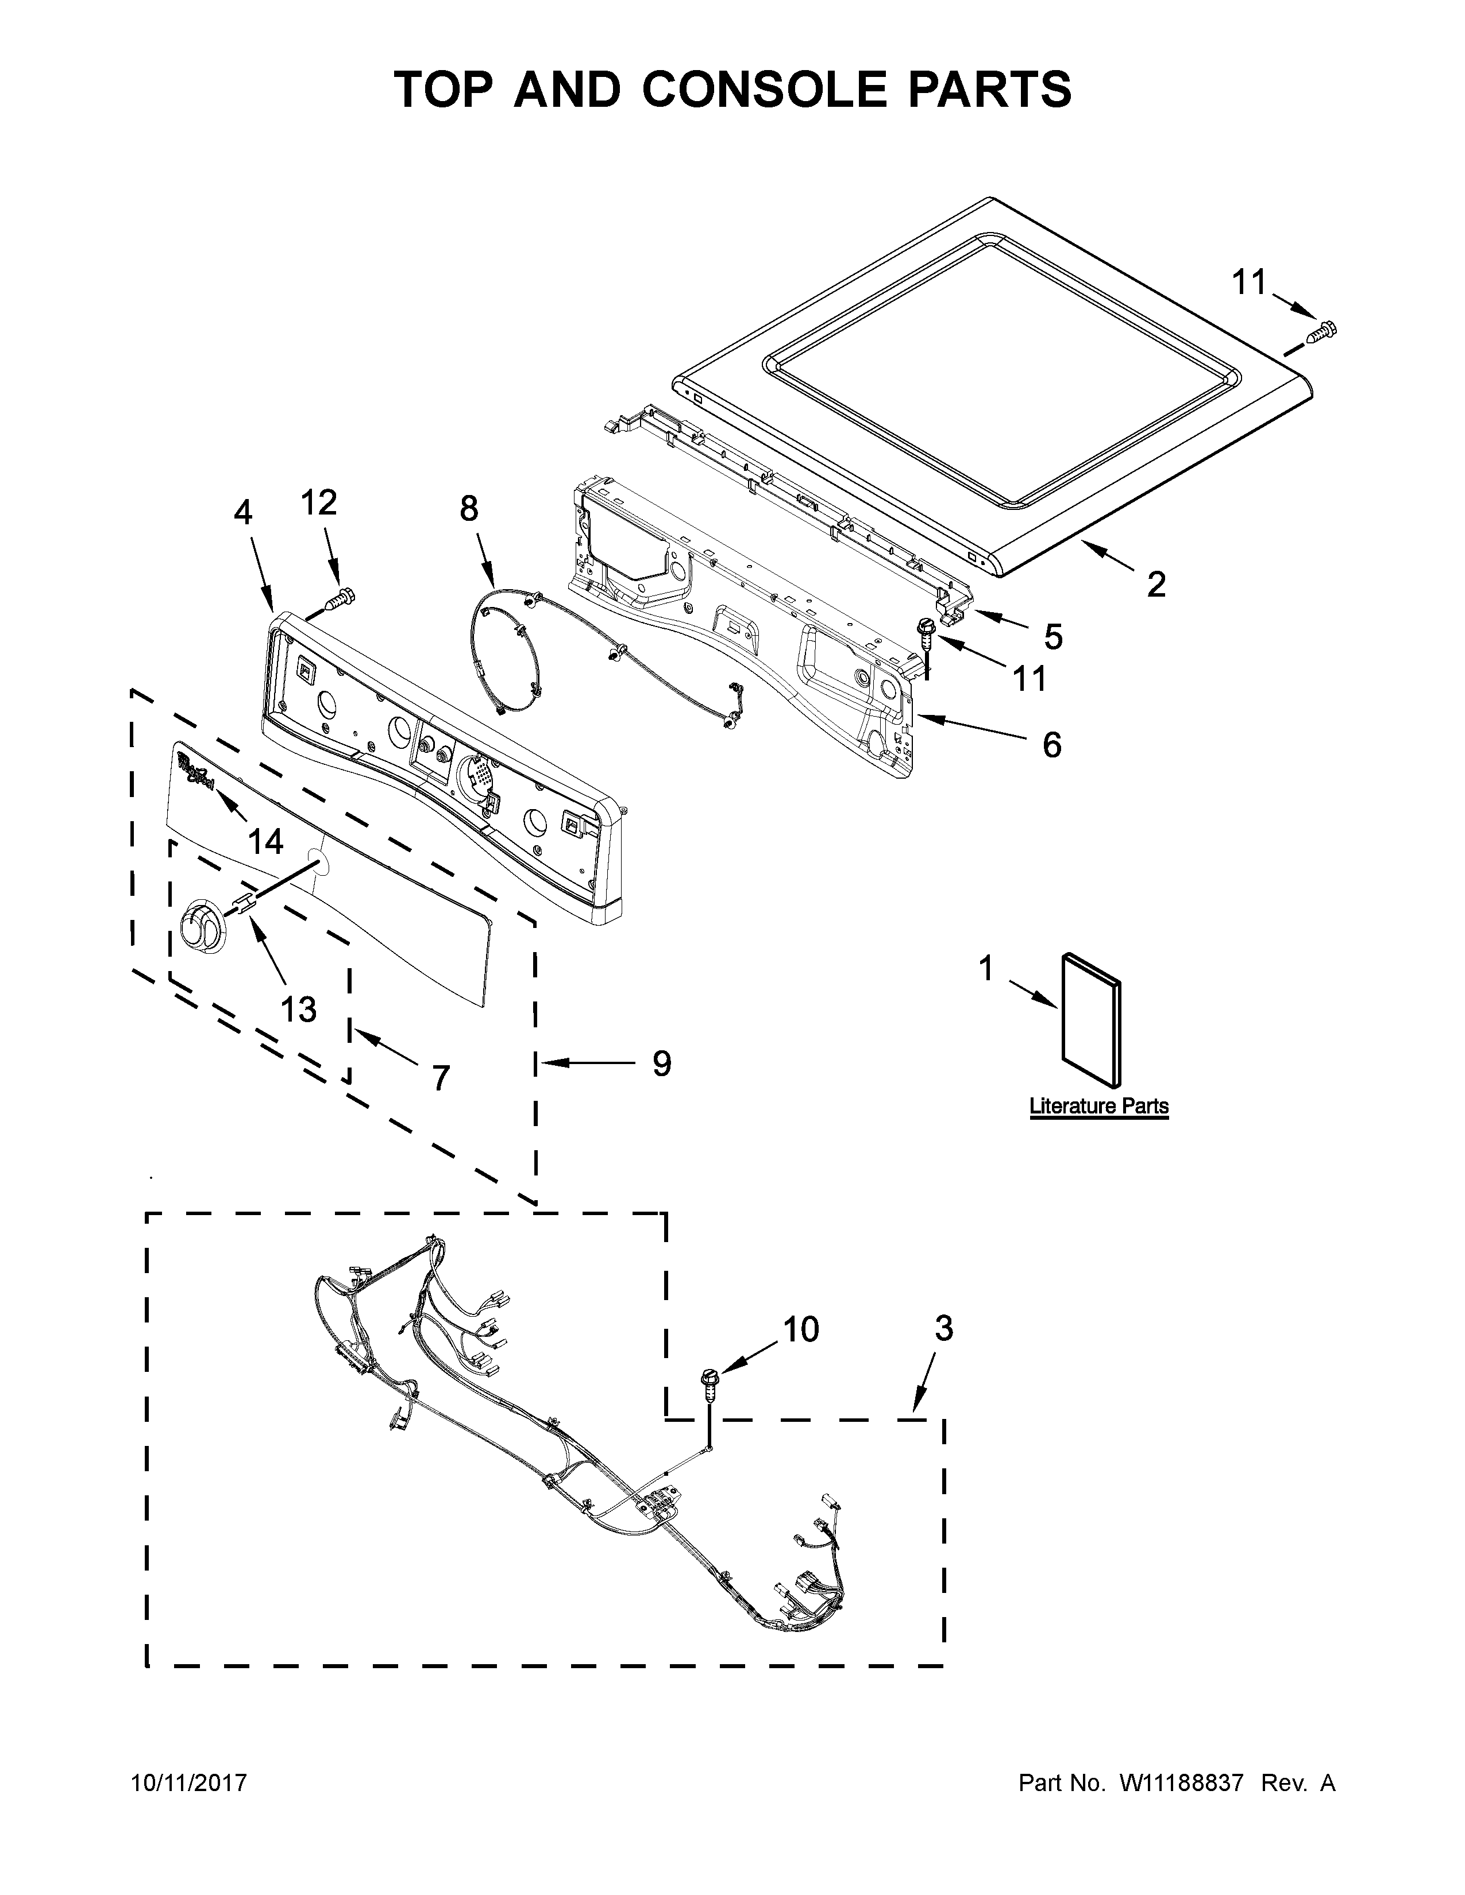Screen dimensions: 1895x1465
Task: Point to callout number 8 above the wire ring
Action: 469,509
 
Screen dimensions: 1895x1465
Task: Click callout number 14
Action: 265,841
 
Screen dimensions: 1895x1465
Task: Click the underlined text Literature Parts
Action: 1098,1107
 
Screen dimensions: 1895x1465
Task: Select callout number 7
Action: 441,1078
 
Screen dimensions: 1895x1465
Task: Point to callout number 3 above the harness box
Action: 943,1328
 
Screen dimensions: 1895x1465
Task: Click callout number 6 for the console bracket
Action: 1051,744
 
